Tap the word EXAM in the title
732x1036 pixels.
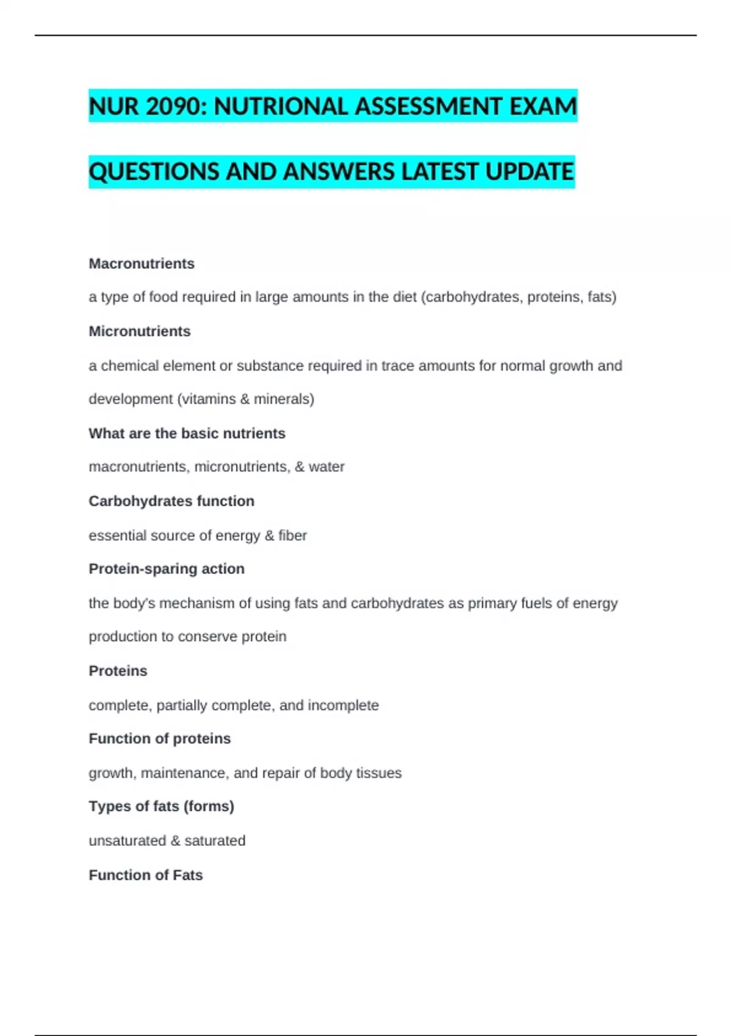click(543, 107)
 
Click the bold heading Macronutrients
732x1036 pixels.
click(142, 264)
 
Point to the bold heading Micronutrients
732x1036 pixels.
click(140, 332)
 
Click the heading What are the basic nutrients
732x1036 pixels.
click(187, 433)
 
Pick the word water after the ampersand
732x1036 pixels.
click(326, 467)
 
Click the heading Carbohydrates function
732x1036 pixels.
click(171, 502)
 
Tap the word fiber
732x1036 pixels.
click(293, 536)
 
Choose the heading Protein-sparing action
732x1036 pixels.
click(167, 569)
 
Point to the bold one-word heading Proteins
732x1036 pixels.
click(118, 671)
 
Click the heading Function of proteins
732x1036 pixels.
click(160, 739)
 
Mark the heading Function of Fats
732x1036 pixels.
click(146, 875)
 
